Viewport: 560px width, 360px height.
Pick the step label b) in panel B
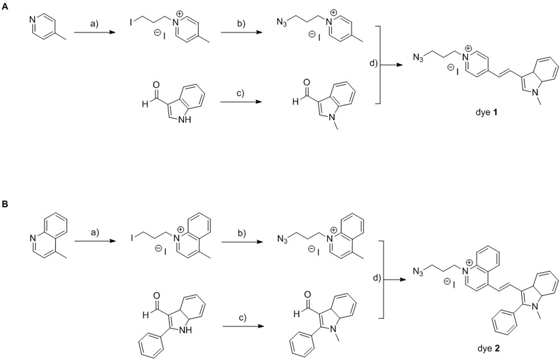coord(241,232)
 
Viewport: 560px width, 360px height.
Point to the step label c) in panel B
coord(241,318)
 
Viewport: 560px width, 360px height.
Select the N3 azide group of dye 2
coord(420,271)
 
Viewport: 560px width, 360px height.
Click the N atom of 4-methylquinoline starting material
coord(32,239)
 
